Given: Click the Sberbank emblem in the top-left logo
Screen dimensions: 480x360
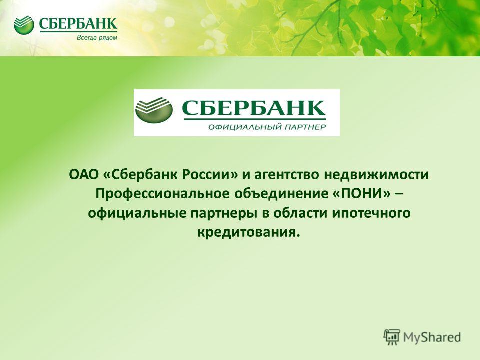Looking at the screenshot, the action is pyautogui.click(x=24, y=25).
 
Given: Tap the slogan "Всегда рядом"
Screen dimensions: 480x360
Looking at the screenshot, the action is pyautogui.click(x=97, y=38).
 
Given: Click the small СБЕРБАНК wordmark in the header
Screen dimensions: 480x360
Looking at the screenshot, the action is pyautogui.click(x=78, y=24).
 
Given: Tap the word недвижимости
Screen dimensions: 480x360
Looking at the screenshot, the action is pyautogui.click(x=376, y=175).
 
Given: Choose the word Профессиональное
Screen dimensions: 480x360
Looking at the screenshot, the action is pyautogui.click(x=162, y=194).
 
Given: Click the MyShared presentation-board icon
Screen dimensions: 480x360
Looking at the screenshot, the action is pyautogui.click(x=392, y=337).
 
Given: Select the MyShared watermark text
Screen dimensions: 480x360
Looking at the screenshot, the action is pyautogui.click(x=432, y=337).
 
